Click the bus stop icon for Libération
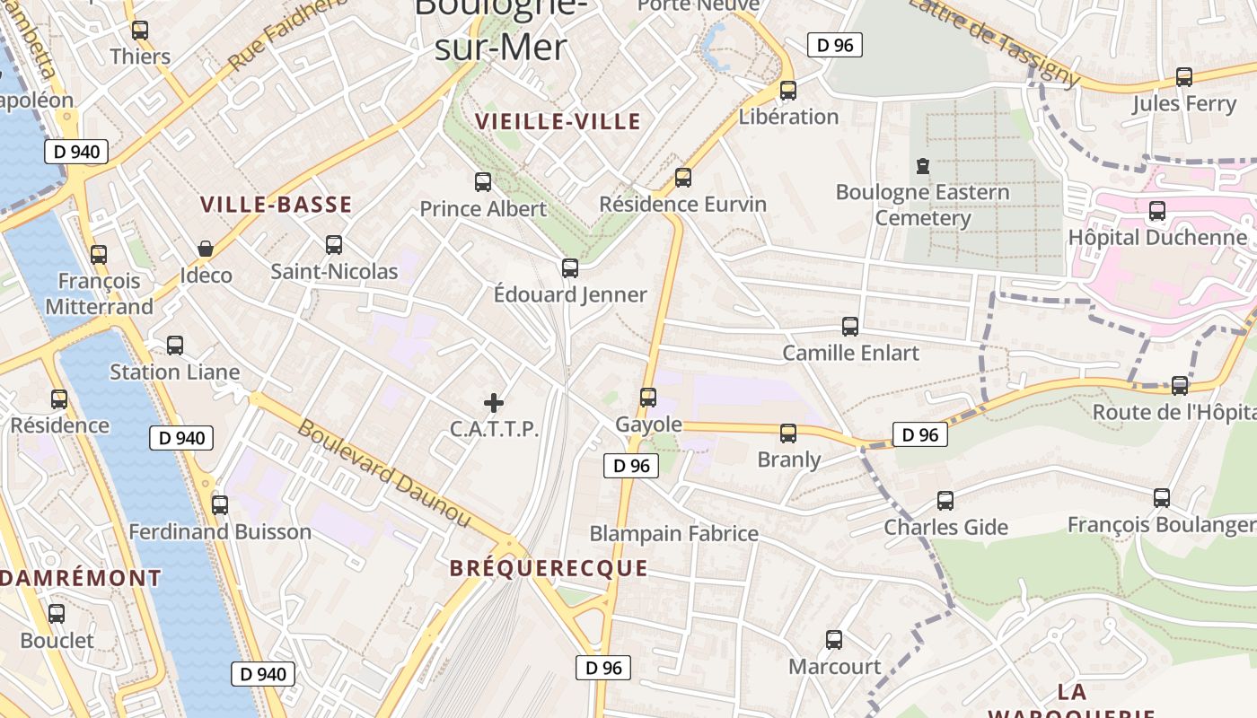coord(787,90)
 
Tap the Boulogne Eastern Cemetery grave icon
coord(922,166)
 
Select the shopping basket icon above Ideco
coord(206,249)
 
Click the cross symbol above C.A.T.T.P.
coord(494,403)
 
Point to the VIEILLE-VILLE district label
coord(558,121)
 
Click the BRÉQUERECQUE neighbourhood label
coord(548,568)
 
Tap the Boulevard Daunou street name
coord(383,473)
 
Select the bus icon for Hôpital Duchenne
coord(1157,211)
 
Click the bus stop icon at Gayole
coord(648,397)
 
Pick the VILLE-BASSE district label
coord(277,205)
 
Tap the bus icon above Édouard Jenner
coord(569,267)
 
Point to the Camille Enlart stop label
coord(851,353)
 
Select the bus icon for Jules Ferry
coord(1184,77)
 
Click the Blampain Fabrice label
coord(673,534)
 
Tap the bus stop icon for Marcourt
coord(834,640)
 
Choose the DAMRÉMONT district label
coord(81,578)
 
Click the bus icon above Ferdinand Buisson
coord(220,504)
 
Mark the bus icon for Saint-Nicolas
coord(334,244)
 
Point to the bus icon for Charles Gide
coord(945,500)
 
